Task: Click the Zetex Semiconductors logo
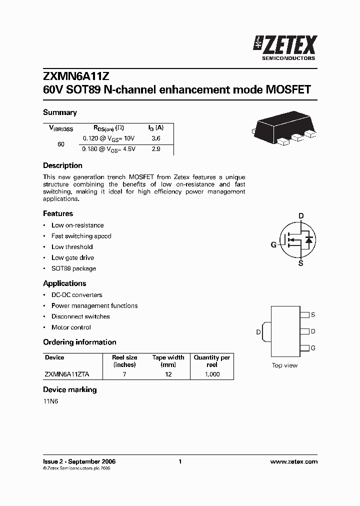pos(285,48)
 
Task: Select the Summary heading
pos(60,112)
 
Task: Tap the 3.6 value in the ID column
pos(155,138)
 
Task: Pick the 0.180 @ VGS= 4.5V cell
pos(108,149)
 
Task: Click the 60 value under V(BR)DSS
pos(61,144)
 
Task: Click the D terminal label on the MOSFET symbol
pos(301,216)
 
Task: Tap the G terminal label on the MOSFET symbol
pos(273,244)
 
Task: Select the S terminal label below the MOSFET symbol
pos(300,263)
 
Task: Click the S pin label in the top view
pos(313,315)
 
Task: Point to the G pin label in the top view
pos(313,347)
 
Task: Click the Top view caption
pos(284,365)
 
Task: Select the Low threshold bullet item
pos(72,247)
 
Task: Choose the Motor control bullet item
pos(71,327)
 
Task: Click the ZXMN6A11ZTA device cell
pos(67,374)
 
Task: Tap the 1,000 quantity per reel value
pos(212,374)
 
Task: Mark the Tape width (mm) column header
pos(168,361)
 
